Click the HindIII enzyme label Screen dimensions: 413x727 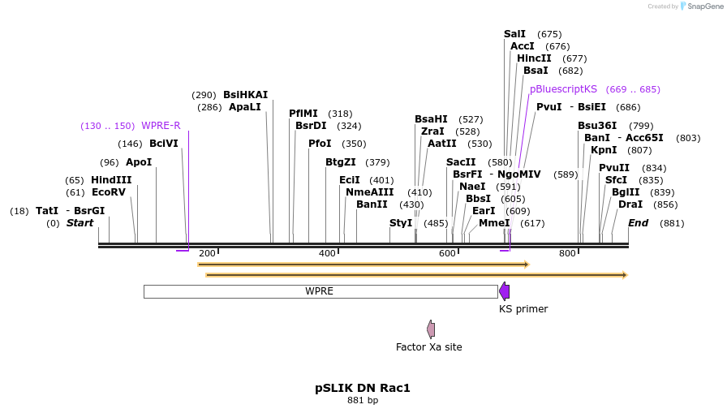coord(111,180)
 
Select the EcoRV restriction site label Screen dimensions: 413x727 coord(109,192)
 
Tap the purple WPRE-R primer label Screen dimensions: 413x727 coord(161,126)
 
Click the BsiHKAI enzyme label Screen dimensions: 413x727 coord(245,95)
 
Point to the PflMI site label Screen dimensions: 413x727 coord(303,114)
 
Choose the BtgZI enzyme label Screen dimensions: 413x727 coord(340,162)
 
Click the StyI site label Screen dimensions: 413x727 coord(401,223)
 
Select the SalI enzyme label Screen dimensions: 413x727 coord(514,34)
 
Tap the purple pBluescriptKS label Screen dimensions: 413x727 coord(563,89)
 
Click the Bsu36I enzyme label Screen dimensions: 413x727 coord(597,126)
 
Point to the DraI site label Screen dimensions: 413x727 coord(630,204)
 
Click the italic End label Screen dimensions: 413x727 coord(638,223)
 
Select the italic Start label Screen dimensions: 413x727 coord(80,223)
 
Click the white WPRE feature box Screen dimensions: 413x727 coord(320,291)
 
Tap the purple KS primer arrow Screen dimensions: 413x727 coord(504,291)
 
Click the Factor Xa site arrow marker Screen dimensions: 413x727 coord(431,329)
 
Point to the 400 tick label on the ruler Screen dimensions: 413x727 coord(327,254)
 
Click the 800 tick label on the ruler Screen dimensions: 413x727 coord(567,254)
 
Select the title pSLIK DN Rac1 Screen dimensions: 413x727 coord(363,388)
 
